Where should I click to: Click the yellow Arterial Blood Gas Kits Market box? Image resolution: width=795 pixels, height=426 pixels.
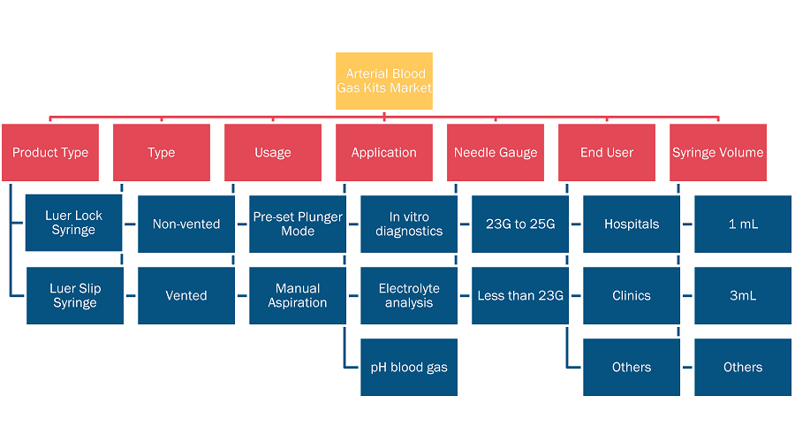384,80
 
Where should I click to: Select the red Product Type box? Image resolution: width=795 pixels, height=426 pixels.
50,153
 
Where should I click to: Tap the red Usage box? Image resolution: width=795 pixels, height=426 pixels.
273,153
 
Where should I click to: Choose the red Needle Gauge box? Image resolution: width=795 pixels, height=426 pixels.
496,153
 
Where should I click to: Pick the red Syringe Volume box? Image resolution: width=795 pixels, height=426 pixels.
718,153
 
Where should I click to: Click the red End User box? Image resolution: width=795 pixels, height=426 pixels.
607,153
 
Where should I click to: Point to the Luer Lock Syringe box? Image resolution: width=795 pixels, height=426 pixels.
73,223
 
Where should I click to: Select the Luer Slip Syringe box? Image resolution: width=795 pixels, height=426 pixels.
75,296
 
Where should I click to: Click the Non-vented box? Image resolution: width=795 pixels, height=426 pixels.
186,224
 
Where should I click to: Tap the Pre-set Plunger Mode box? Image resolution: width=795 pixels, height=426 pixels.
298,224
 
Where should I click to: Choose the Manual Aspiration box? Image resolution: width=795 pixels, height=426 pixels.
298,296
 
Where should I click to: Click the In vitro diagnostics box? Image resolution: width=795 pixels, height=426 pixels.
409,224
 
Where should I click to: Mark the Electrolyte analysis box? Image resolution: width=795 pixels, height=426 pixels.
409,296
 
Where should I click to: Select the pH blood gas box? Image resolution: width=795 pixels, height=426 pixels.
409,367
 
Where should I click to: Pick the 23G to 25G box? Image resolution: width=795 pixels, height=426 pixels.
520,224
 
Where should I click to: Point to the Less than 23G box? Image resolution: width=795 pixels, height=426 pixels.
520,296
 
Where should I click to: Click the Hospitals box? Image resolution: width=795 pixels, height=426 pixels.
632,224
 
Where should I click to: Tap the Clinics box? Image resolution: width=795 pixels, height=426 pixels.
632,296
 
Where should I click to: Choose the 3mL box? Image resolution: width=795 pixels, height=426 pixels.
743,296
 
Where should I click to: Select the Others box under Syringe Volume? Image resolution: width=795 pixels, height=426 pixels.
743,367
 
